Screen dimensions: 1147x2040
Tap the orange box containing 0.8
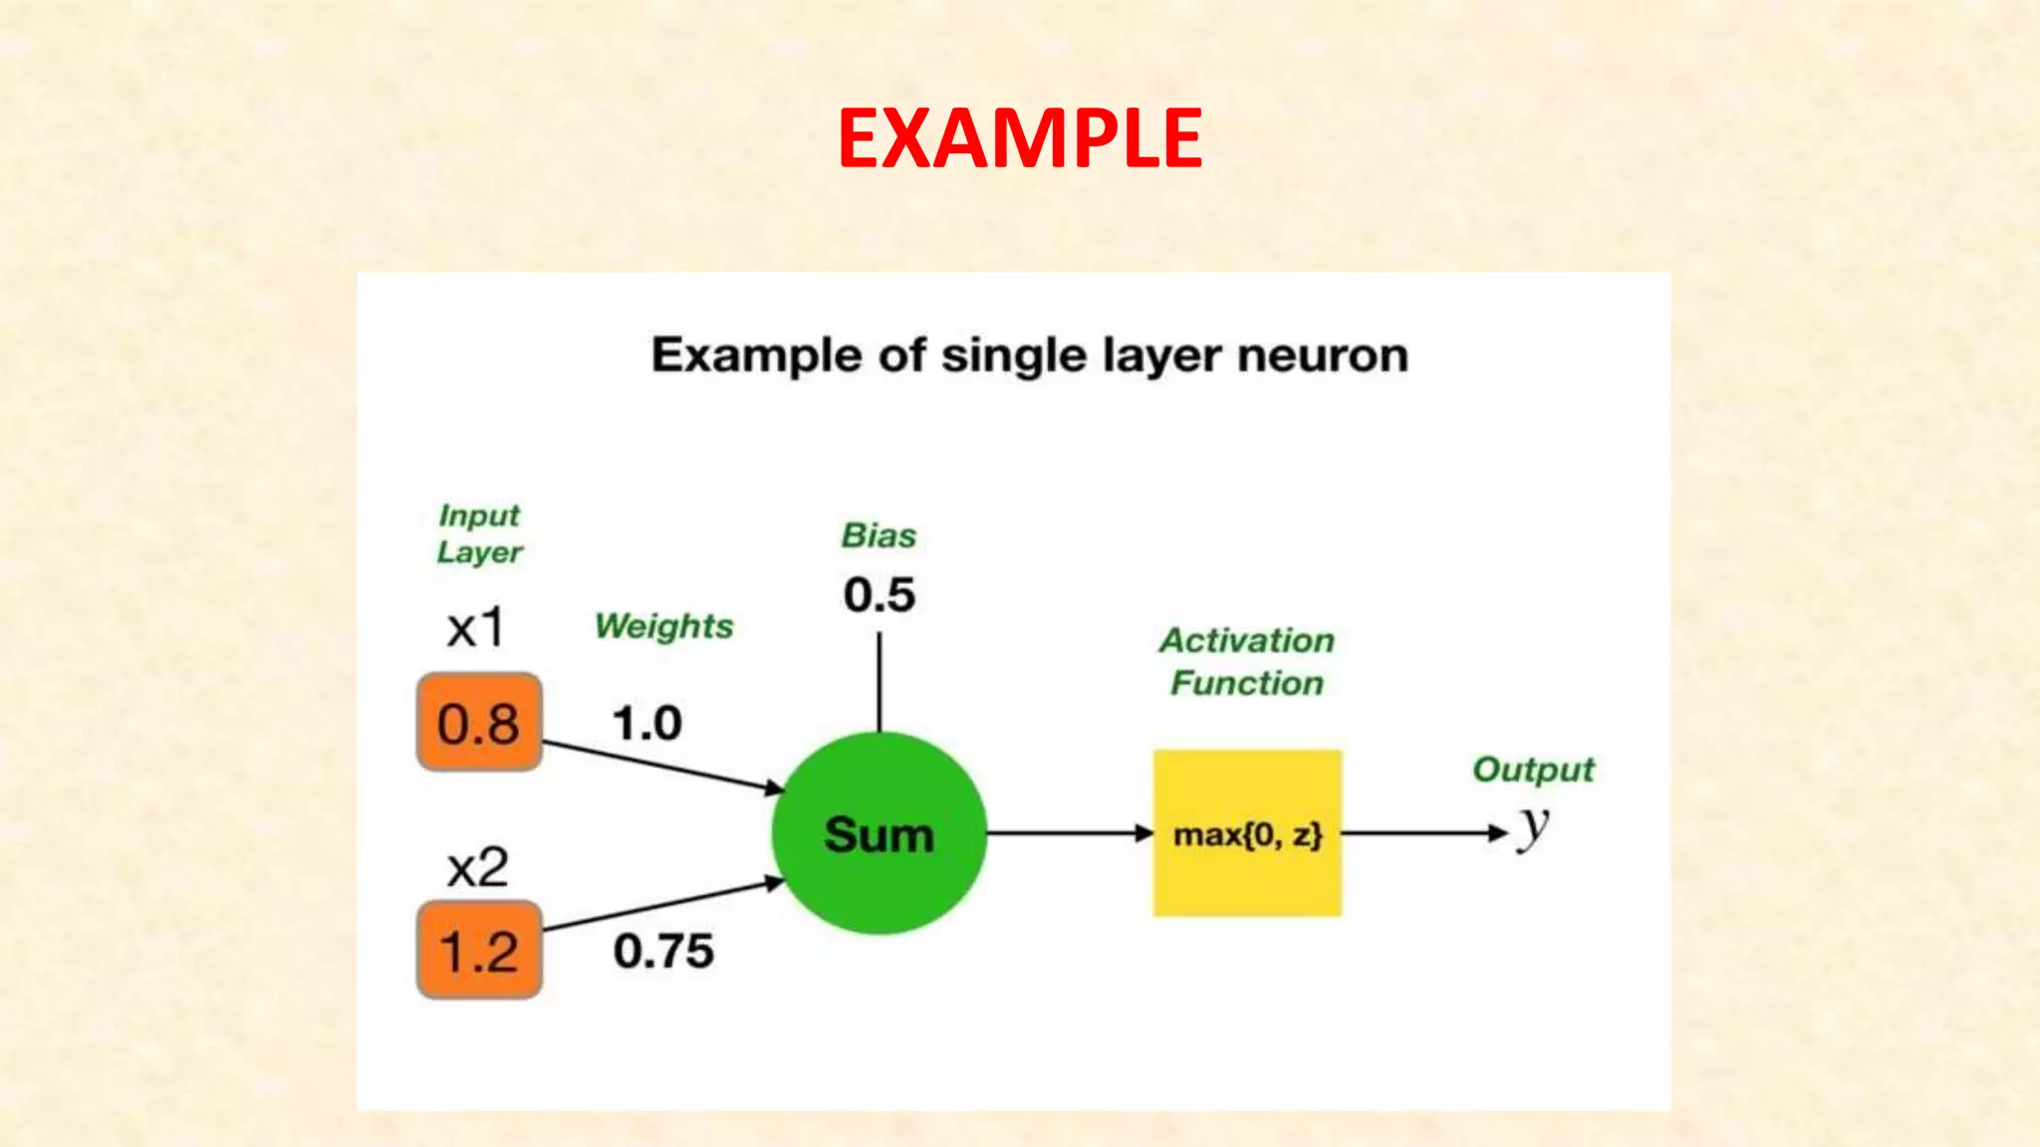click(479, 722)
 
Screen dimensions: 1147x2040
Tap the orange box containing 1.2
click(479, 950)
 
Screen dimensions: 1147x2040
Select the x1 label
click(476, 628)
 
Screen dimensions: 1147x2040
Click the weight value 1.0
click(647, 723)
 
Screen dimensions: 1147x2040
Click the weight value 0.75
click(663, 951)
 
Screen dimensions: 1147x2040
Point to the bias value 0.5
click(879, 594)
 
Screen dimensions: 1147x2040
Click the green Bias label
click(879, 536)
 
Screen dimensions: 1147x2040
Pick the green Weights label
click(663, 626)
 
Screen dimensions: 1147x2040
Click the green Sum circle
click(879, 833)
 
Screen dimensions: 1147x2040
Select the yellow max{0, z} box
click(1247, 833)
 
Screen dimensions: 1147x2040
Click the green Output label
click(1533, 770)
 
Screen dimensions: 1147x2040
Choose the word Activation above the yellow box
click(1247, 640)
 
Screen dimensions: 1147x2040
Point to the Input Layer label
click(479, 534)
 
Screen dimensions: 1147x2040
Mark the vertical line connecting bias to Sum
click(879, 682)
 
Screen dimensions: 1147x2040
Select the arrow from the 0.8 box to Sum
click(661, 766)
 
